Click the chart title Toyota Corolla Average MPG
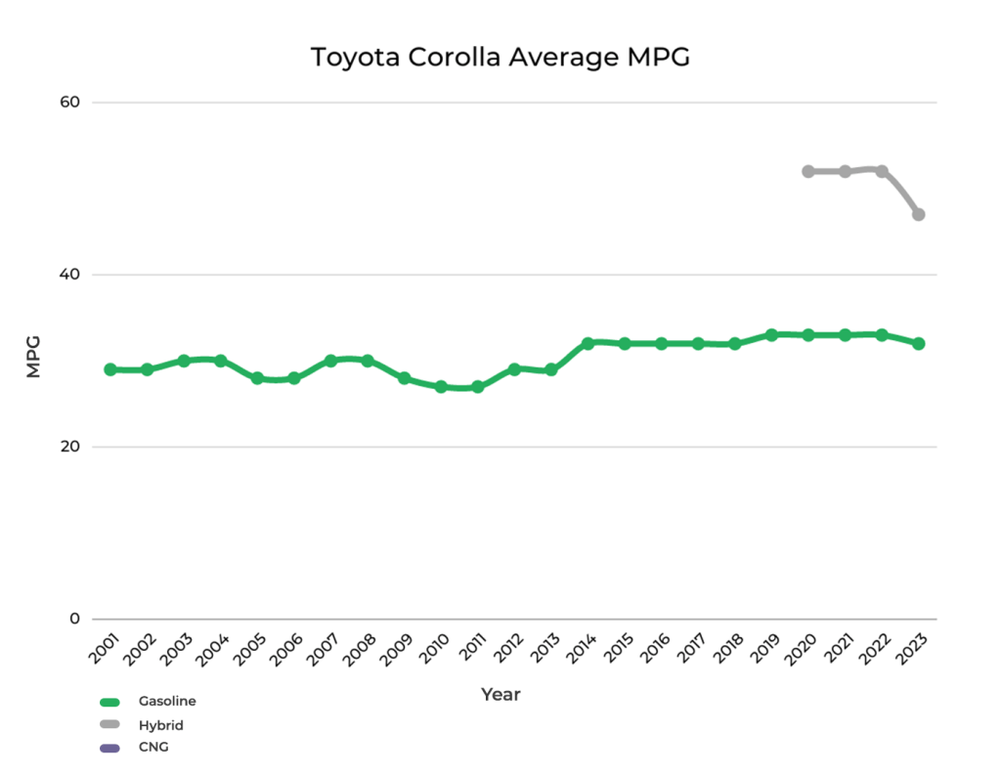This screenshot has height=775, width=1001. point(500,58)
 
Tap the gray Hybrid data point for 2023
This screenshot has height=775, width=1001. point(918,214)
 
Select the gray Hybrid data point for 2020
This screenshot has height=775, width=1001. point(808,171)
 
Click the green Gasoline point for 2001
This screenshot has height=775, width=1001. point(110,369)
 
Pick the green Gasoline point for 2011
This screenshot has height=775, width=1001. point(477,387)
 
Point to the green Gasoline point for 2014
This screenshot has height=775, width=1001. point(588,343)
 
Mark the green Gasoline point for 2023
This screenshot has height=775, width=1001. point(918,343)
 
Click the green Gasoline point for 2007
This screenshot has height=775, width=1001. point(330,361)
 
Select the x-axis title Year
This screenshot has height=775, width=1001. point(500,695)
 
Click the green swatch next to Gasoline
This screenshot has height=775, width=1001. point(109,702)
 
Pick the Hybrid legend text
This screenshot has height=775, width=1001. point(161,725)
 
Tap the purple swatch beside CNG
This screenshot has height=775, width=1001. point(109,749)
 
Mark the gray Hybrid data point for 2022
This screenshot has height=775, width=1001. point(882,171)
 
